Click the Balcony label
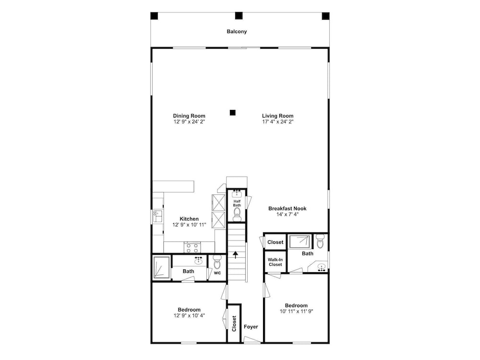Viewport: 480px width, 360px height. (237, 32)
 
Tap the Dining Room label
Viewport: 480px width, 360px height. (189, 116)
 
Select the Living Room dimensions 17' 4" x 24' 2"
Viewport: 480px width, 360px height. (277, 121)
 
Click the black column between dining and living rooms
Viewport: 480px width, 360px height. (233, 113)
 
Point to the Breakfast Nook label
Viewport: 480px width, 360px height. (287, 208)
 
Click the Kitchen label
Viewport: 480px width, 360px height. (189, 219)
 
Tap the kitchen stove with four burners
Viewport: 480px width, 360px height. (192, 247)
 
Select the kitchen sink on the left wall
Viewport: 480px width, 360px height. (158, 216)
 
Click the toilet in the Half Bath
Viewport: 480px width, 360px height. (237, 215)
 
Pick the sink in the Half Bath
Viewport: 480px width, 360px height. (237, 193)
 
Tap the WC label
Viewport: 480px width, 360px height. (217, 273)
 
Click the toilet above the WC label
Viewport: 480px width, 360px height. (217, 262)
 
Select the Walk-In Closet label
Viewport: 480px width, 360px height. (275, 262)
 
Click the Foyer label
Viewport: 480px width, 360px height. (251, 326)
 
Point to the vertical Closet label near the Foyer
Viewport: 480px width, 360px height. (234, 324)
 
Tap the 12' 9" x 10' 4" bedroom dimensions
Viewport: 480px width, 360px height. (189, 316)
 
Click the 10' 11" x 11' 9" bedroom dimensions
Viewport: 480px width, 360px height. (296, 312)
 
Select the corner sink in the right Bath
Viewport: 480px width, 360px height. (321, 267)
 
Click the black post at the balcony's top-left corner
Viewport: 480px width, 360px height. (154, 16)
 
